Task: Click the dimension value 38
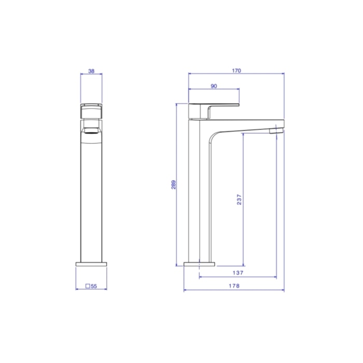point(91,71)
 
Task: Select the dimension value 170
point(236,71)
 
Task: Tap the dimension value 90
point(214,86)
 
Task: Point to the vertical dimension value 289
point(173,185)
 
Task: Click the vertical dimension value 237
point(239,200)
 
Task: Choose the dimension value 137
point(238,273)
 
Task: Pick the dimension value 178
point(234,286)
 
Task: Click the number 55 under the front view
point(94,286)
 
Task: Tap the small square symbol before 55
point(88,286)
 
